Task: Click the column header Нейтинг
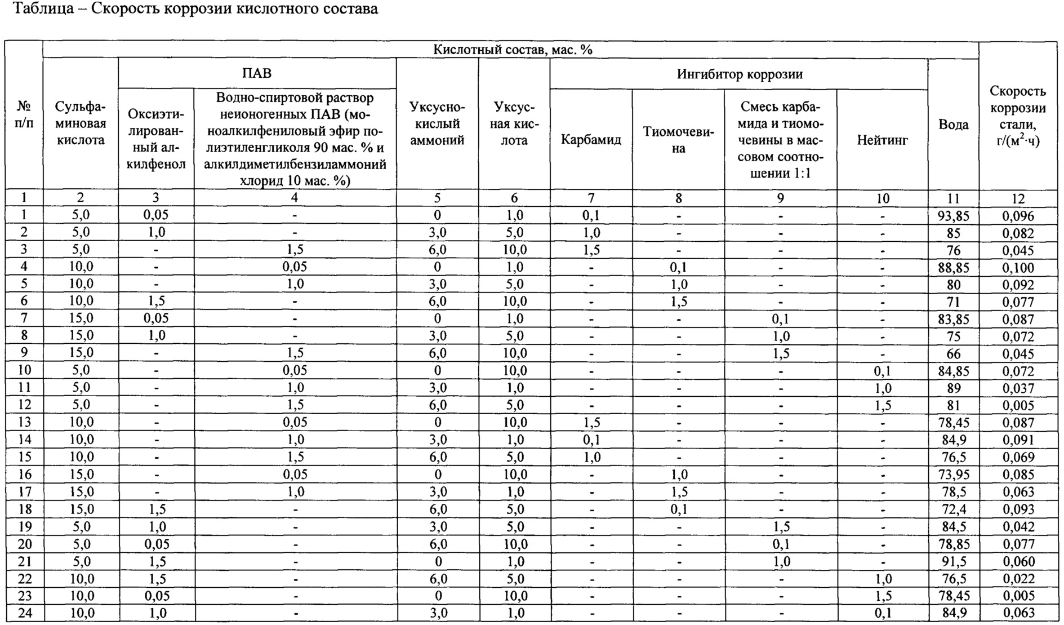[x=882, y=140]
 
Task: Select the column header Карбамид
[x=591, y=140]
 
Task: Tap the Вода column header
[x=954, y=125]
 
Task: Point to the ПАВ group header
[x=257, y=73]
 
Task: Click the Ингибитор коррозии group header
[x=739, y=74]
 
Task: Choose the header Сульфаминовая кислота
[x=81, y=123]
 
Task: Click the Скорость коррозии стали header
[x=1018, y=116]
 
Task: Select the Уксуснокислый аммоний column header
[x=437, y=123]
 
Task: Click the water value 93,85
[x=954, y=216]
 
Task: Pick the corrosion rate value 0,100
[x=1018, y=268]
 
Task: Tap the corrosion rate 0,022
[x=1018, y=579]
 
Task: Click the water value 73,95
[x=954, y=475]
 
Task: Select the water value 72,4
[x=954, y=509]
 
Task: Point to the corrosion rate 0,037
[x=1018, y=388]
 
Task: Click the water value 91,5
[x=954, y=561]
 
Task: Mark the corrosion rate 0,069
[x=1018, y=457]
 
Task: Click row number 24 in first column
[x=24, y=613]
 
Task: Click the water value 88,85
[x=954, y=268]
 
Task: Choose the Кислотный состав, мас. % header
[x=513, y=50]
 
